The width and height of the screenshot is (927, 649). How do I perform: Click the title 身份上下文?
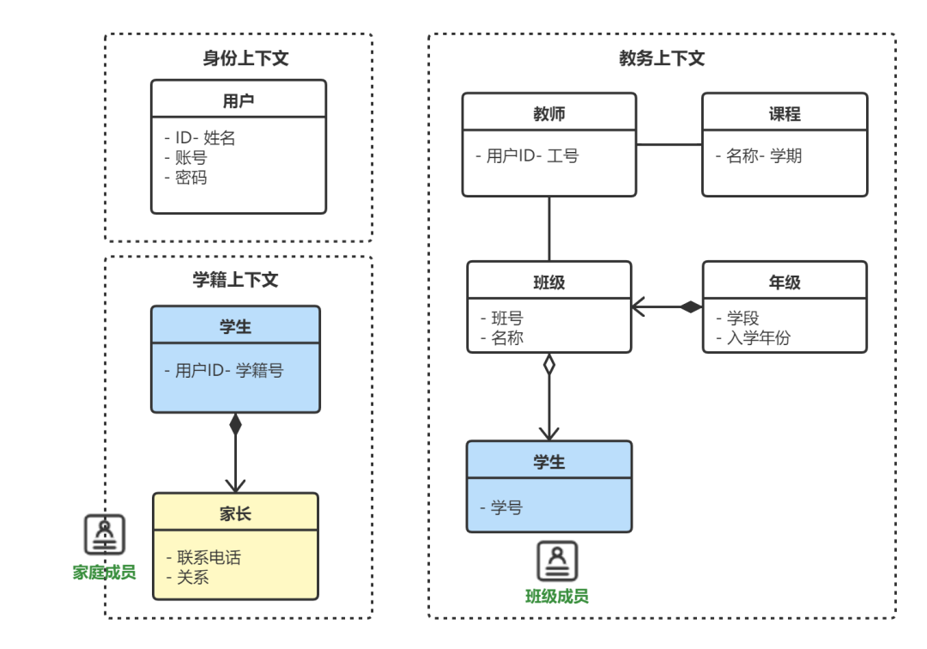pos(245,58)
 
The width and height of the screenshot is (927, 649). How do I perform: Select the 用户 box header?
pos(239,100)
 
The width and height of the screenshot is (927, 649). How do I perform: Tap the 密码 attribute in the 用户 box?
pos(191,178)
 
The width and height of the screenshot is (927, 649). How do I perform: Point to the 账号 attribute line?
pos(191,158)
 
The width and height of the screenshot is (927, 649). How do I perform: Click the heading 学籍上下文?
pos(235,280)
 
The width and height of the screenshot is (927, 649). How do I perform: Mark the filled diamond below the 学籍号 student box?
pos(235,424)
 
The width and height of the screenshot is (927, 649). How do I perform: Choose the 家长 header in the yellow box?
pos(235,513)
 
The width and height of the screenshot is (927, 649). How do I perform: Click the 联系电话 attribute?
pos(209,557)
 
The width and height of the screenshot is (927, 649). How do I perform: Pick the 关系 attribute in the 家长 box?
pos(192,577)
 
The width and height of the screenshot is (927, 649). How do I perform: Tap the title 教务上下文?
pos(662,58)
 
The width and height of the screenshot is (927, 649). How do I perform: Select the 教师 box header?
pos(549,114)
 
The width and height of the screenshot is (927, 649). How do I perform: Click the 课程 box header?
pos(785,114)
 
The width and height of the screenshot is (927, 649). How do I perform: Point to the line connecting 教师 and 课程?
pos(669,144)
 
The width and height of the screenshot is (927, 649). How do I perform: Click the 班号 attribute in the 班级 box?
pos(506,318)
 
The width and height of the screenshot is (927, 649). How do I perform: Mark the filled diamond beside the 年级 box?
pos(691,306)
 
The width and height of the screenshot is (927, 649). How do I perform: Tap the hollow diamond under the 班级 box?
pos(549,365)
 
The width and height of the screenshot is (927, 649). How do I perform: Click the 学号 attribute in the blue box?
pos(506,507)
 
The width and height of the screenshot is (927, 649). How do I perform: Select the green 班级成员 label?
pos(557,596)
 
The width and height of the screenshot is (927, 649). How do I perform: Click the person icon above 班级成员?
pos(557,561)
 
